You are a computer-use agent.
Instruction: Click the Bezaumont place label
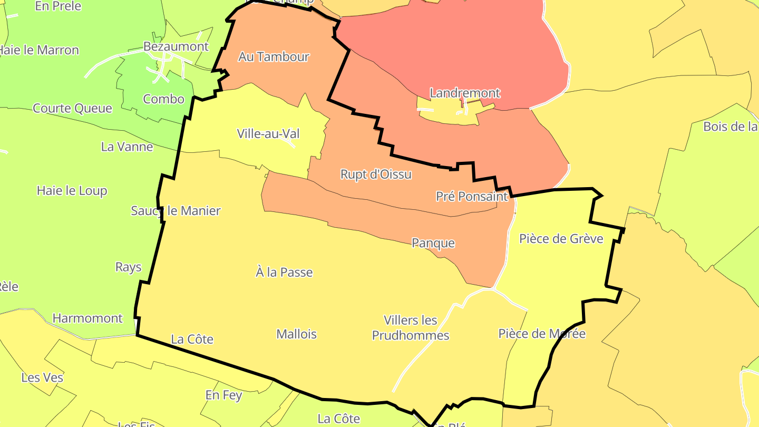coord(176,46)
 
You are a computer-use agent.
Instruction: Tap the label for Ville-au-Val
coord(268,134)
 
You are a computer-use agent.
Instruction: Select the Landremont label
coord(465,93)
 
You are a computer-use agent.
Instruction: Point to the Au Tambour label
coord(274,57)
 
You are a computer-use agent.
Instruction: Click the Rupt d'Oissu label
coord(376,174)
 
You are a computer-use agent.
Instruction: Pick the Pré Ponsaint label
coord(472,197)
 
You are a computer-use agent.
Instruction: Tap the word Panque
coord(433,243)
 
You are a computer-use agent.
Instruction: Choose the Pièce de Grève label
coord(561,239)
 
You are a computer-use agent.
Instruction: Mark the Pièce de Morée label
coord(542,334)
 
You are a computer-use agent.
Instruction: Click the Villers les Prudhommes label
coord(411,328)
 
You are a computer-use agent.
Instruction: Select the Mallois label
coord(297,334)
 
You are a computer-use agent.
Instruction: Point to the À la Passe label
coord(284,273)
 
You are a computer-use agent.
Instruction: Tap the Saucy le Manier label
coord(176,211)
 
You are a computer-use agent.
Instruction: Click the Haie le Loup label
coord(72,191)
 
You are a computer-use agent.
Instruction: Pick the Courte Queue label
coord(72,109)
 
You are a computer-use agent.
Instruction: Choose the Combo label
coord(164,99)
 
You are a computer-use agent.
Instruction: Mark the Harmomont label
coord(87,318)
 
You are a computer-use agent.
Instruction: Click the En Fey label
coord(223,395)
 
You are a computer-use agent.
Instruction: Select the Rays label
coord(129,267)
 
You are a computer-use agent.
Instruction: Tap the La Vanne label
coord(127,147)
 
